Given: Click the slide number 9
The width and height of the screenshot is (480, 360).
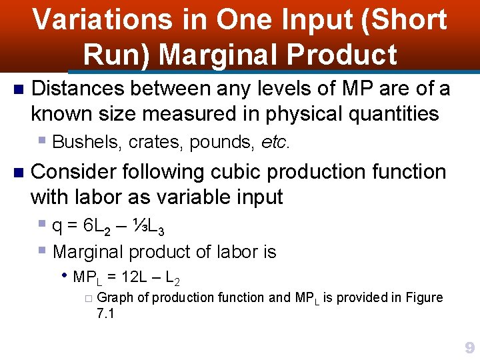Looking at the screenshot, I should click(x=469, y=348).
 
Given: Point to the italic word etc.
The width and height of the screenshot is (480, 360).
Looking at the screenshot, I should click(x=275, y=142).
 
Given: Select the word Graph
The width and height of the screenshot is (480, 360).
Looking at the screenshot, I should click(x=119, y=297).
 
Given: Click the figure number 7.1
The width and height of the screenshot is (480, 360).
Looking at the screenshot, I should click(x=105, y=313).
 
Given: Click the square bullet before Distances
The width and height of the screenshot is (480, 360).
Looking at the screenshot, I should click(x=18, y=89).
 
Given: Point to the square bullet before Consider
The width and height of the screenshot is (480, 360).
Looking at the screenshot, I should click(x=18, y=172).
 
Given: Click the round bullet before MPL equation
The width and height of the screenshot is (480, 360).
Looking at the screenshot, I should click(x=65, y=275).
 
